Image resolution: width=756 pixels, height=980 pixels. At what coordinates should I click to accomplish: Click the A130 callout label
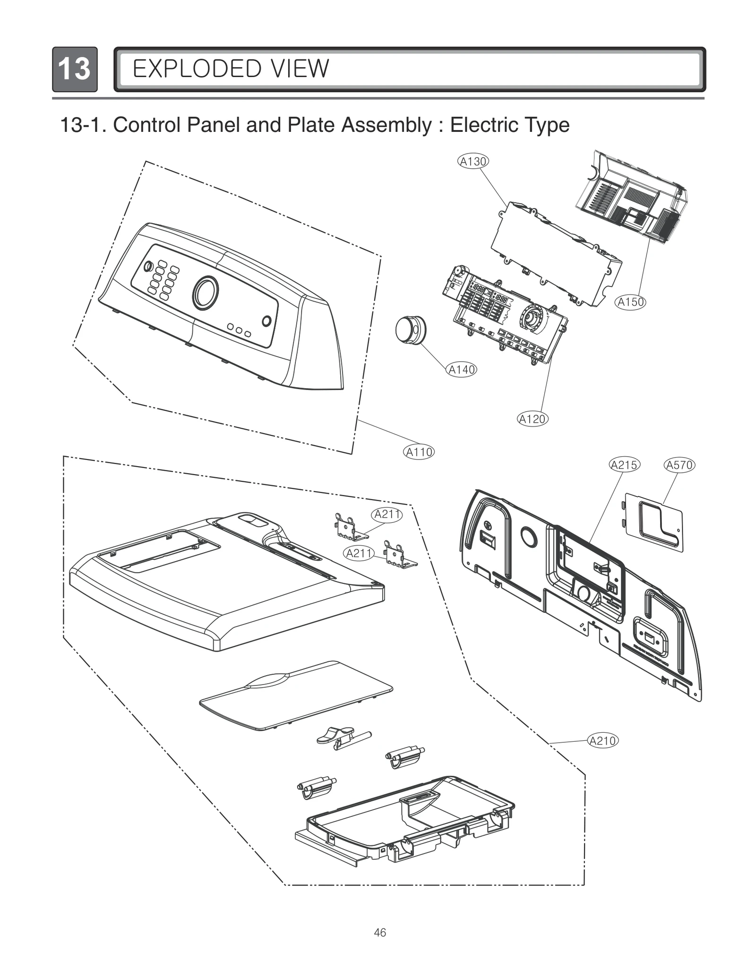click(x=473, y=162)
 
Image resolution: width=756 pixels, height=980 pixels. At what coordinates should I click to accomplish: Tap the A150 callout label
click(x=631, y=302)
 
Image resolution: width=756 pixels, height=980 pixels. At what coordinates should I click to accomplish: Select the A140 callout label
click(x=462, y=370)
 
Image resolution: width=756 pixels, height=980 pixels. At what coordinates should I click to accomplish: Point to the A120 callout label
click(x=533, y=419)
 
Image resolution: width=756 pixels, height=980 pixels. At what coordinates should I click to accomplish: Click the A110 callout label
click(x=419, y=452)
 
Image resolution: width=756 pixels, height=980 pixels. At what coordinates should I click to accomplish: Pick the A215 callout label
click(x=624, y=465)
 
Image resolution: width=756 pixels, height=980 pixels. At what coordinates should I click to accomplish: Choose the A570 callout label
click(x=679, y=465)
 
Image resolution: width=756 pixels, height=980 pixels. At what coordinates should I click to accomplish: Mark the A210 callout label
click(x=603, y=740)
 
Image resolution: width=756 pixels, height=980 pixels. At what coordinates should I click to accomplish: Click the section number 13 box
click(x=75, y=69)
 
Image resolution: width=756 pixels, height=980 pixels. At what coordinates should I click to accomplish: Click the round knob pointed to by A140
click(x=409, y=330)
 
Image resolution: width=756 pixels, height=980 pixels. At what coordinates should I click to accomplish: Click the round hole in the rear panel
click(x=528, y=536)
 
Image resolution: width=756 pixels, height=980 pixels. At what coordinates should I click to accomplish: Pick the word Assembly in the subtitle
click(x=387, y=125)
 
